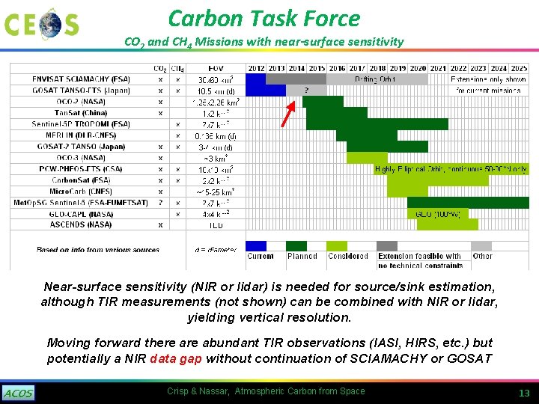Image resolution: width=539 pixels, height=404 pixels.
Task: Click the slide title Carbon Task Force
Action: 264,18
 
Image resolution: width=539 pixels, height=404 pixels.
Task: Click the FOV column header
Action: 216,68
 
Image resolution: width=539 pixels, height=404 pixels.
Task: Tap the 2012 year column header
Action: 256,68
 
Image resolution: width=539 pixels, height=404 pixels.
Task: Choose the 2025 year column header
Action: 519,68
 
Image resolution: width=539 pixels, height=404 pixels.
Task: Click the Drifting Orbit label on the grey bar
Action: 377,79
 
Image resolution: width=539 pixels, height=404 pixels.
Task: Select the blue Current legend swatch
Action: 256,245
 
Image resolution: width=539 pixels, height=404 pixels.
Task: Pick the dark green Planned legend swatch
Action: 296,245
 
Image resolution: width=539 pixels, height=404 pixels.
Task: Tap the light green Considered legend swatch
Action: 338,245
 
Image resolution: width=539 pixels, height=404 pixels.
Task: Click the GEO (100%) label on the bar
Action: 437,213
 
